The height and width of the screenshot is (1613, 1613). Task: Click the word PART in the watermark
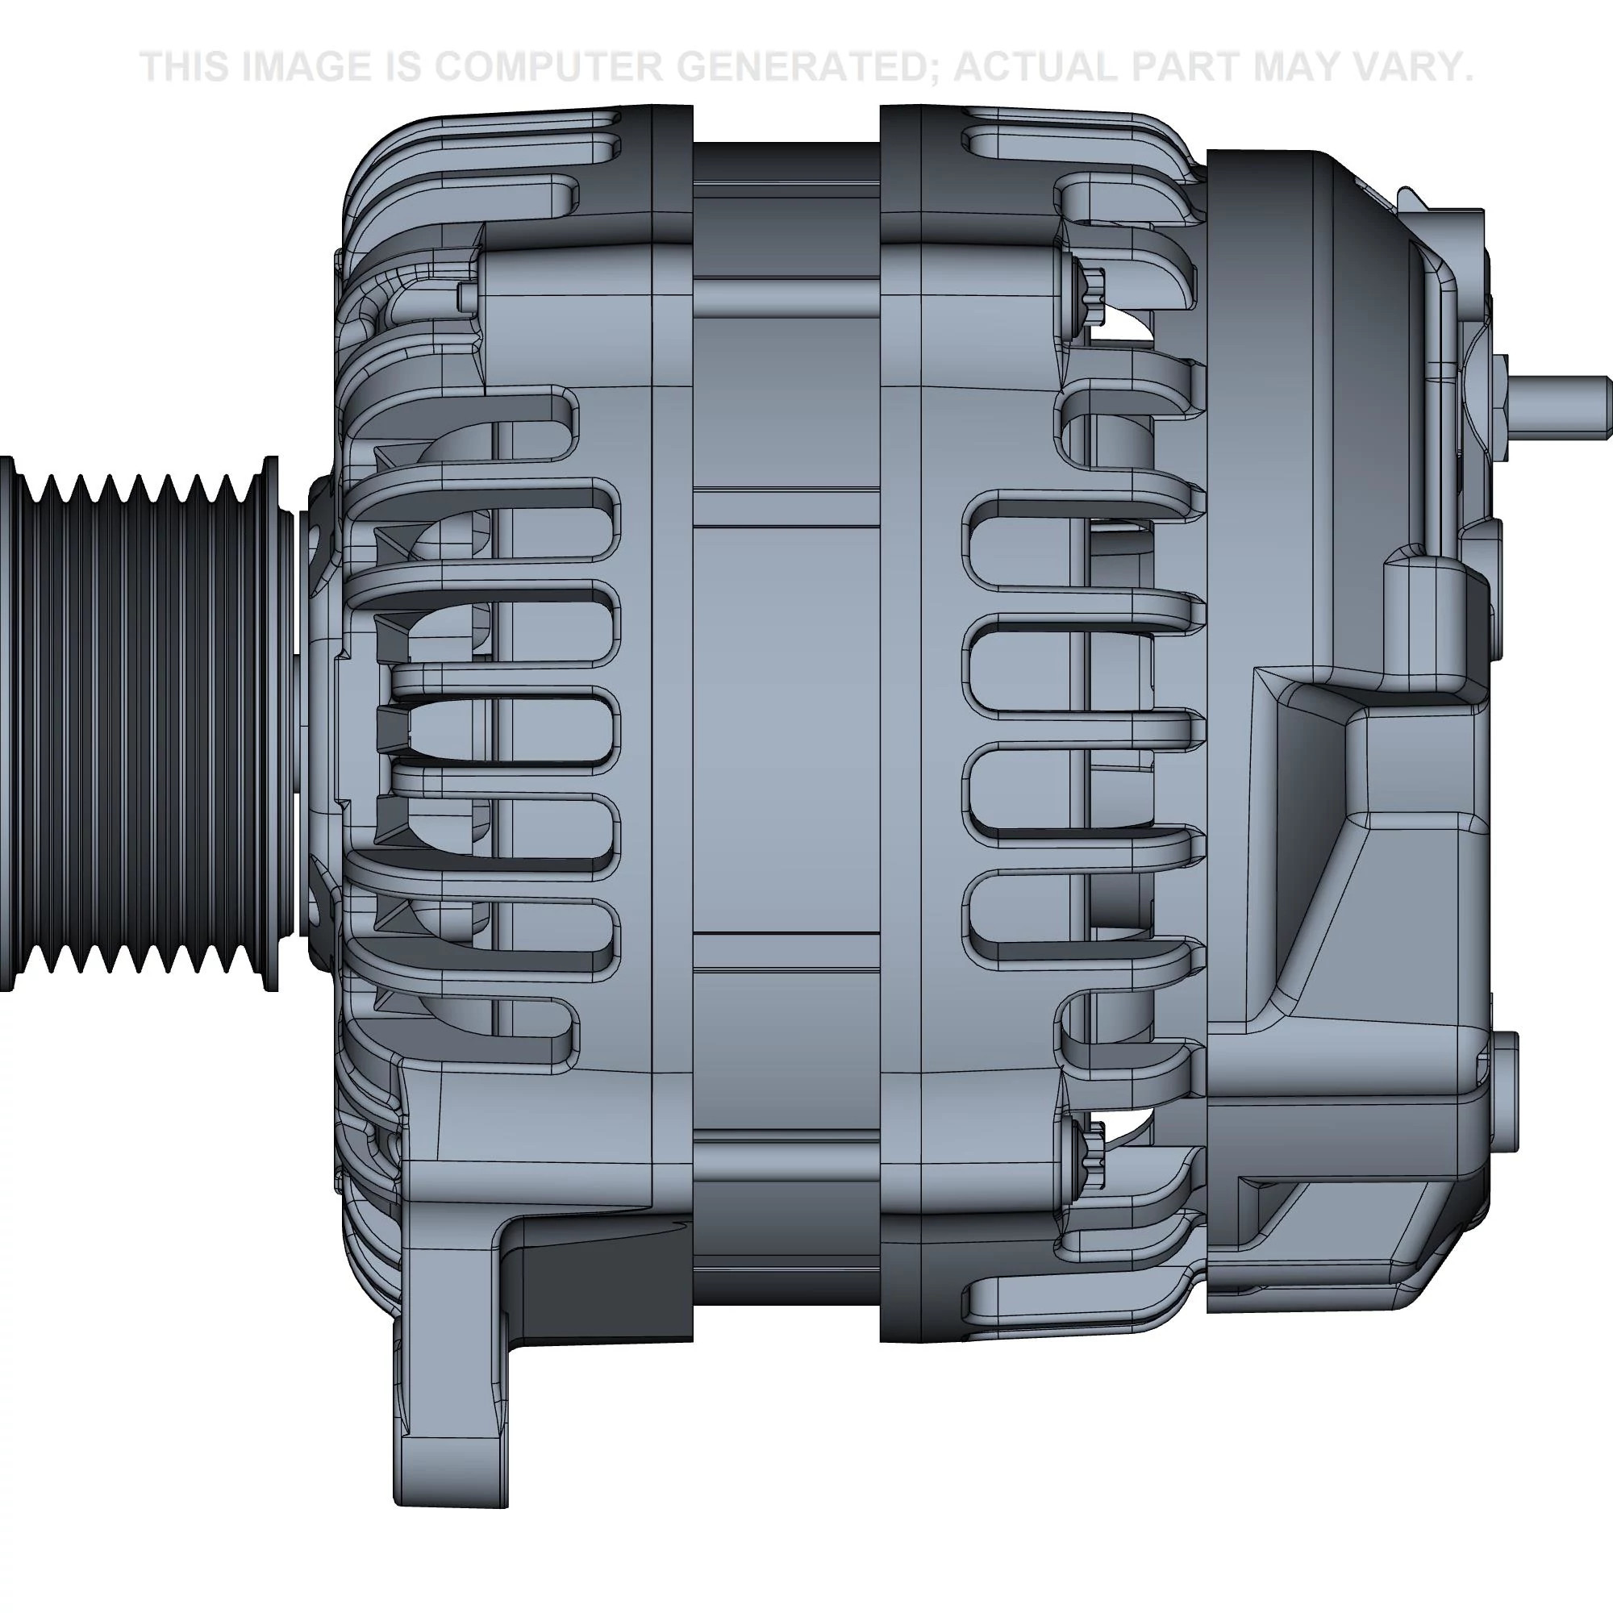pos(1202,67)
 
